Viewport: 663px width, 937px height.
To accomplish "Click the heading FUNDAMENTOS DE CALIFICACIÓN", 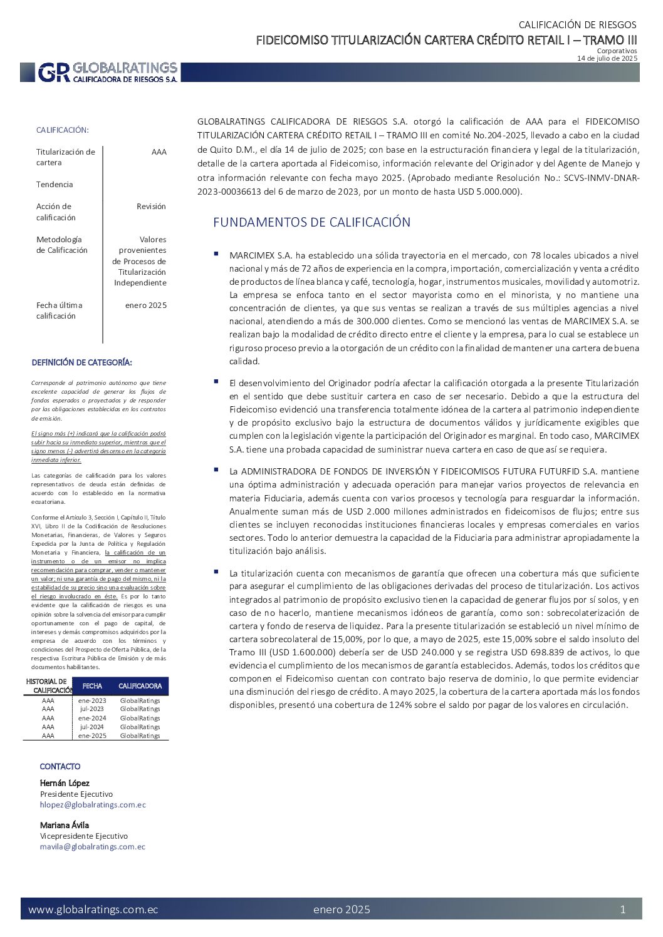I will (311, 222).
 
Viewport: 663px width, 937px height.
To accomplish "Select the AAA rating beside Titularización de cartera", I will (159, 152).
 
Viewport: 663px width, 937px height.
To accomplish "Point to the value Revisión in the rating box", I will (151, 207).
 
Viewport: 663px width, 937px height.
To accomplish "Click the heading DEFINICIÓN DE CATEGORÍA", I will (81, 362).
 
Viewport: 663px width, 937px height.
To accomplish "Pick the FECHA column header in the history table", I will (92, 686).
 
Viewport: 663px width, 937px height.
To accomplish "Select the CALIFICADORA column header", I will (140, 686).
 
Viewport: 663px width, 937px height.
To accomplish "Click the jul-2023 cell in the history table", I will (91, 709).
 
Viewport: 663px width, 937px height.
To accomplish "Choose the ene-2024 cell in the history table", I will (92, 719).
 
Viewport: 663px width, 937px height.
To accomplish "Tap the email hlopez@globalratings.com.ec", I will (93, 805).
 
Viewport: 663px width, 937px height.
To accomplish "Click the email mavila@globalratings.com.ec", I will (92, 847).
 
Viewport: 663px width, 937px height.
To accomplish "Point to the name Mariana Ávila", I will (65, 825).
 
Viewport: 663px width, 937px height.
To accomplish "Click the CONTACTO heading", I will (60, 767).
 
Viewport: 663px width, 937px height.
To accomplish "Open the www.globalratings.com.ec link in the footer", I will (93, 909).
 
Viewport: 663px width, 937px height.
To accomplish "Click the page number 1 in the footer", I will (622, 909).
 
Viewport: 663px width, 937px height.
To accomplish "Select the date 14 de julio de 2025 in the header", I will (607, 58).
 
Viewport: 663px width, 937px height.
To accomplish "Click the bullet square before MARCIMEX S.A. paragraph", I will (216, 253).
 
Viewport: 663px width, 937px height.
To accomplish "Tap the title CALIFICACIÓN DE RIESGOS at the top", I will (577, 25).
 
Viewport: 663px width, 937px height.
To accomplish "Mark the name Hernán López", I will (65, 783).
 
